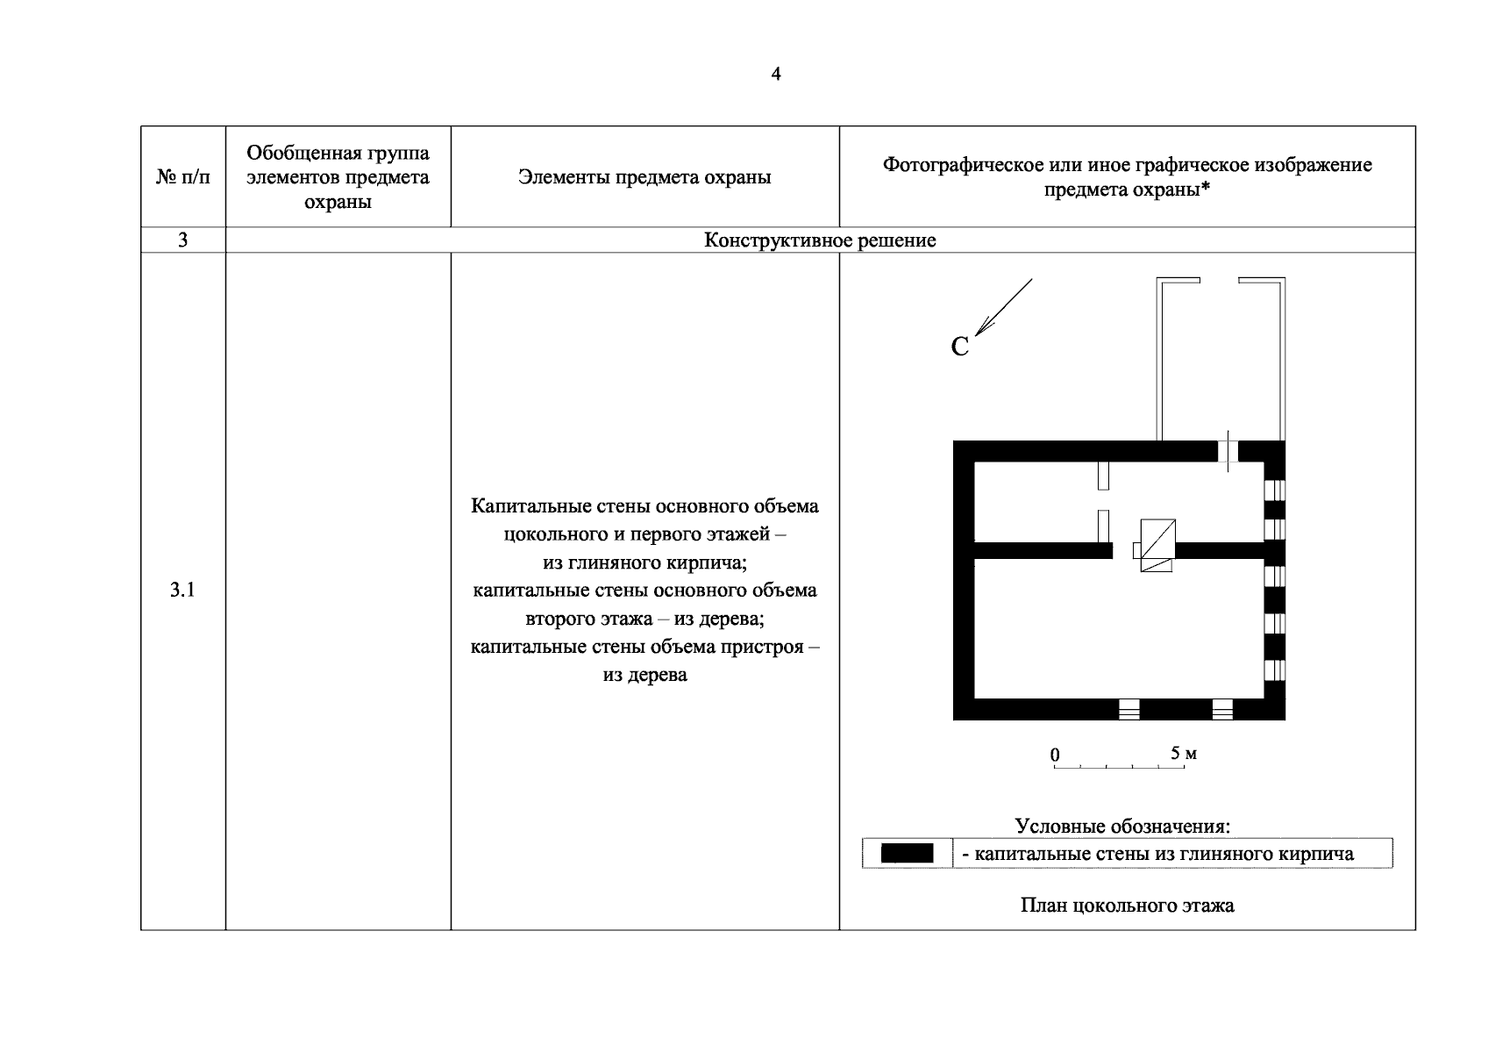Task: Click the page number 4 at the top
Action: click(x=775, y=75)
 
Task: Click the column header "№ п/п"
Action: click(x=183, y=178)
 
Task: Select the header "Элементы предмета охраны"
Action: click(x=644, y=178)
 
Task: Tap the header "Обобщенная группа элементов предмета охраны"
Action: click(x=338, y=178)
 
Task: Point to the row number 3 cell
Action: click(x=183, y=240)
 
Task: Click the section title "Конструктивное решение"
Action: click(x=820, y=240)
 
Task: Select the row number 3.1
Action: click(x=182, y=591)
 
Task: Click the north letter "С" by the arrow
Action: click(x=960, y=347)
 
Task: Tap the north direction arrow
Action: click(x=1003, y=307)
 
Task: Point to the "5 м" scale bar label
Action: click(x=1184, y=754)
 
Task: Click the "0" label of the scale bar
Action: click(x=1055, y=756)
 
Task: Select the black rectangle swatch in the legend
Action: click(x=907, y=854)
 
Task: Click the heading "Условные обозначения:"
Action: click(x=1122, y=827)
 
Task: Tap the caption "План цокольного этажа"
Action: click(x=1127, y=906)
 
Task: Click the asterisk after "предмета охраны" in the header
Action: click(x=1207, y=190)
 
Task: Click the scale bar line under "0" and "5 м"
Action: click(x=1119, y=768)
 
